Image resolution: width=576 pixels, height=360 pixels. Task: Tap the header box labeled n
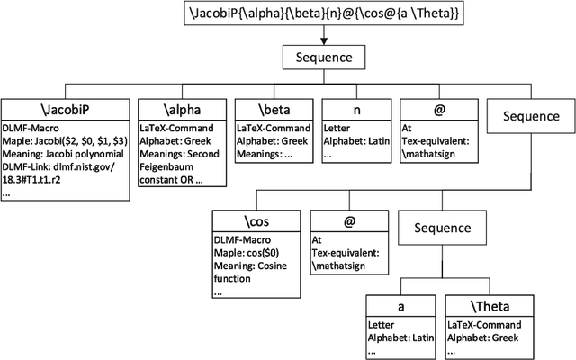[355, 110]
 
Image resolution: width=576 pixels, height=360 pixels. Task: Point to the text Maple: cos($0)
[248, 254]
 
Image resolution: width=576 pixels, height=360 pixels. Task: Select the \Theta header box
[490, 307]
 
